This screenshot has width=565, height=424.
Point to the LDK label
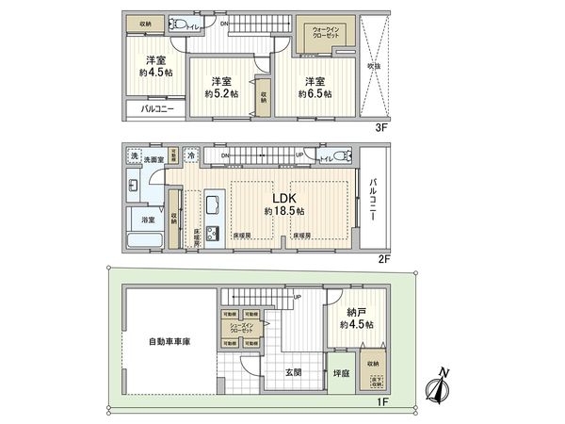285,198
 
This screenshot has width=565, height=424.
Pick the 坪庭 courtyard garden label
341,372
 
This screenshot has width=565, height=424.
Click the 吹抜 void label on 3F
374,67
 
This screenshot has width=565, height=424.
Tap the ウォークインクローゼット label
327,30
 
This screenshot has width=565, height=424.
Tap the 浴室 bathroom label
148,220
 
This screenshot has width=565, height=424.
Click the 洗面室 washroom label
153,160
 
